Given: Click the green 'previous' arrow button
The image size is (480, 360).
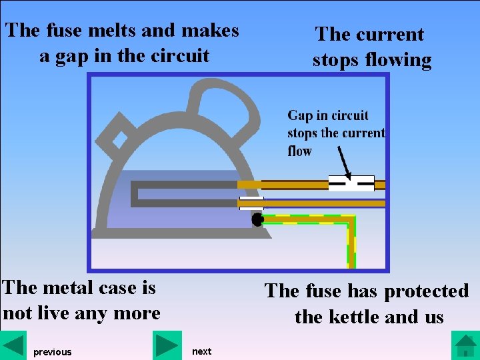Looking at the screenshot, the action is pyautogui.click(x=13, y=346).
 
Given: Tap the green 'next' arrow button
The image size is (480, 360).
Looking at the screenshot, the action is pyautogui.click(x=167, y=346).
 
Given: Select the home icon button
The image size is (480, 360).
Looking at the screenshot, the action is pyautogui.click(x=465, y=346).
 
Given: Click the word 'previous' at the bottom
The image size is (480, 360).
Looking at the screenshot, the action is pyautogui.click(x=52, y=352).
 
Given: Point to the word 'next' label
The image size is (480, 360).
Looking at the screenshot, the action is pyautogui.click(x=201, y=351).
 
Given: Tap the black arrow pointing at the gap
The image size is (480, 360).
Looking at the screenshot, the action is pyautogui.click(x=343, y=163).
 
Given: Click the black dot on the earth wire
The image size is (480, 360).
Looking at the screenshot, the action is pyautogui.click(x=257, y=219).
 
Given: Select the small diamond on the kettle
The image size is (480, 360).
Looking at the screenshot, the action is pyautogui.click(x=120, y=139).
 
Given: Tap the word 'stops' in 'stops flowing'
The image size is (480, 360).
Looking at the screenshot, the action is pyautogui.click(x=337, y=60).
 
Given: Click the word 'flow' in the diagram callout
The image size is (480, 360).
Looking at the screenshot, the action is pyautogui.click(x=300, y=151).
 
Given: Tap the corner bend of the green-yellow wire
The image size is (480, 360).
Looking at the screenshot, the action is pyautogui.click(x=349, y=221).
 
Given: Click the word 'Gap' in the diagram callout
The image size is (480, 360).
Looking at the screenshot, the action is pyautogui.click(x=300, y=116).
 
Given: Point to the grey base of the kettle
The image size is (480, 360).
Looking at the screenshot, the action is pyautogui.click(x=180, y=233).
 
